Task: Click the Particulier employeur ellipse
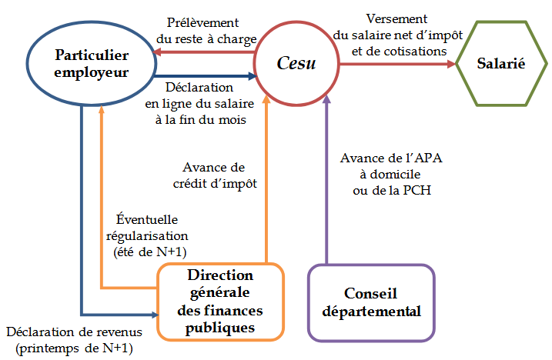(92, 62)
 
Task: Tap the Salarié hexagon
(501, 63)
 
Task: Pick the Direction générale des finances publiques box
(221, 302)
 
